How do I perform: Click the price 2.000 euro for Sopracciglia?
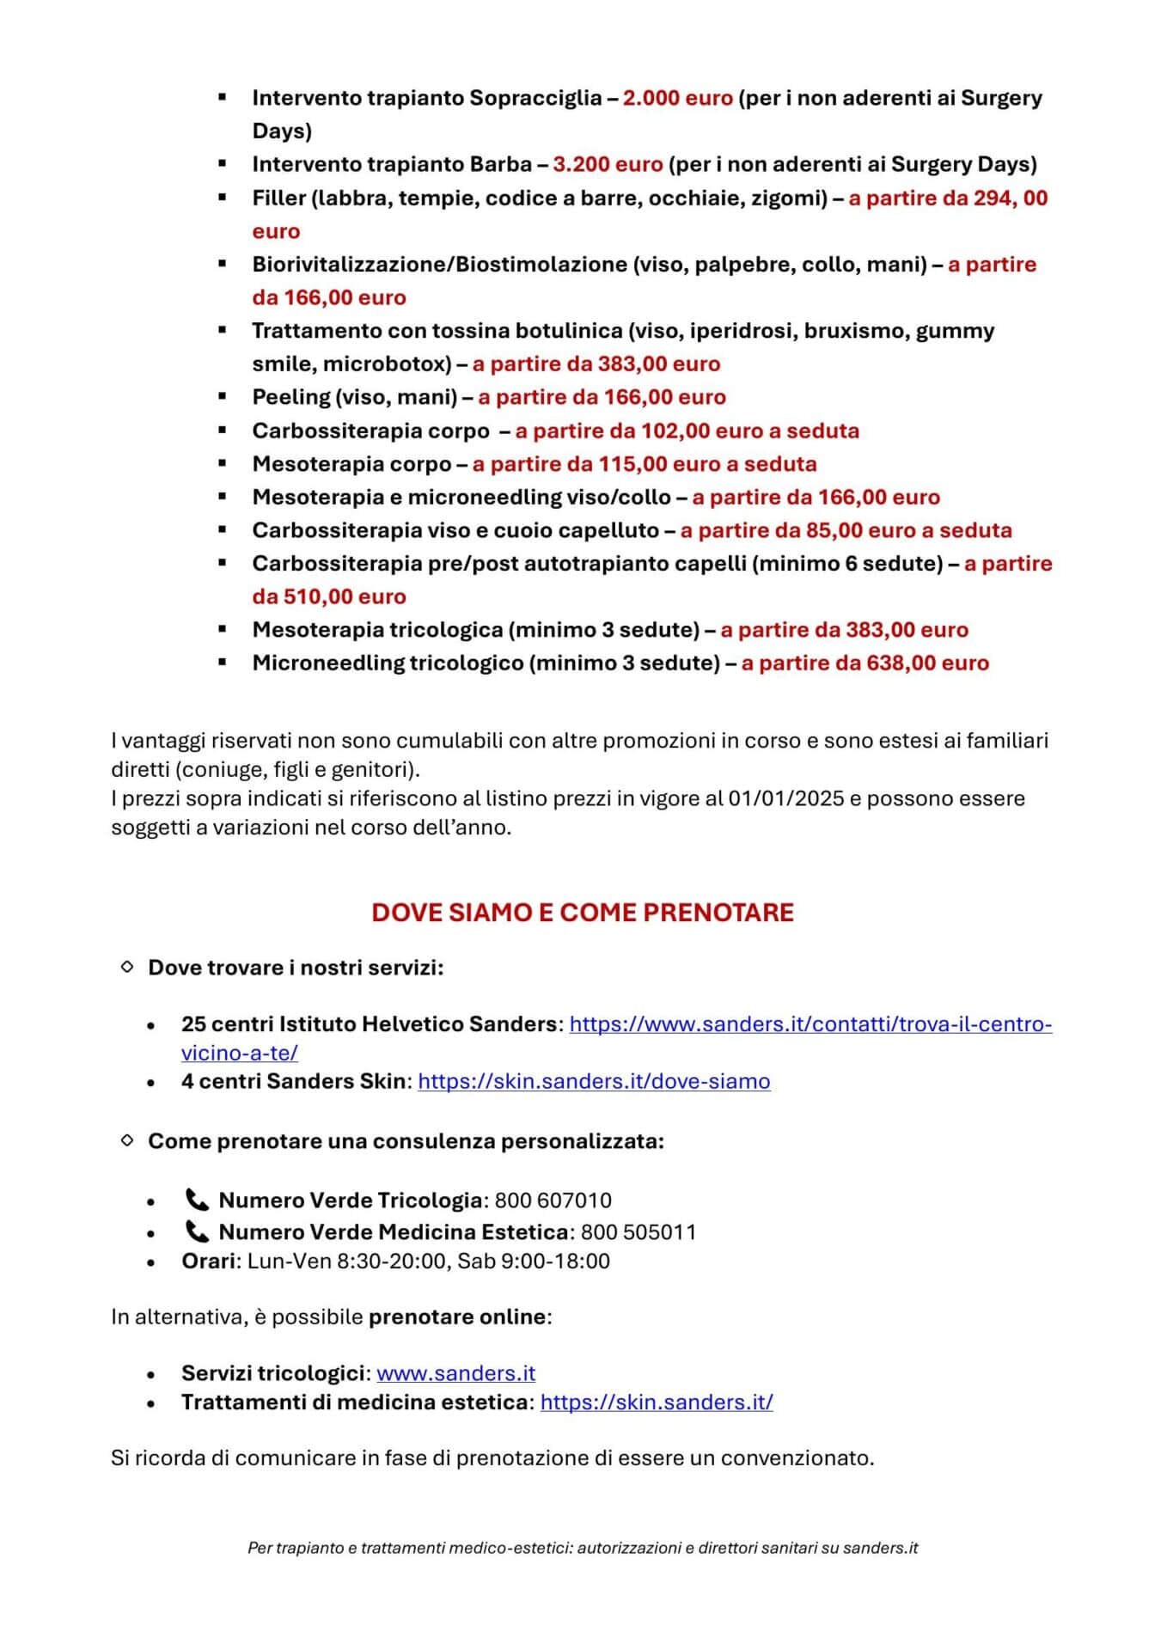(x=677, y=98)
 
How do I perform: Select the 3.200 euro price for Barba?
(x=608, y=164)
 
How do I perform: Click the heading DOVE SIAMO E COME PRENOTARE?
(x=583, y=912)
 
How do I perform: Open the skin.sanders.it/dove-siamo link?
(x=594, y=1081)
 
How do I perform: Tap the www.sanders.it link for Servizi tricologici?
(x=455, y=1373)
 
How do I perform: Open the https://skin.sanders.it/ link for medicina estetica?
(x=657, y=1402)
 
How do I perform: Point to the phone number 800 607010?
(x=553, y=1201)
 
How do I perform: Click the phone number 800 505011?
(x=638, y=1232)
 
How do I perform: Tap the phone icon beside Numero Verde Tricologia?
(x=197, y=1200)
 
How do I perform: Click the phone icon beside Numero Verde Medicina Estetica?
(x=197, y=1231)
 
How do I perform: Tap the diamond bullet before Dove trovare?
(x=127, y=967)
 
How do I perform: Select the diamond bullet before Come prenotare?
(x=127, y=1140)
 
